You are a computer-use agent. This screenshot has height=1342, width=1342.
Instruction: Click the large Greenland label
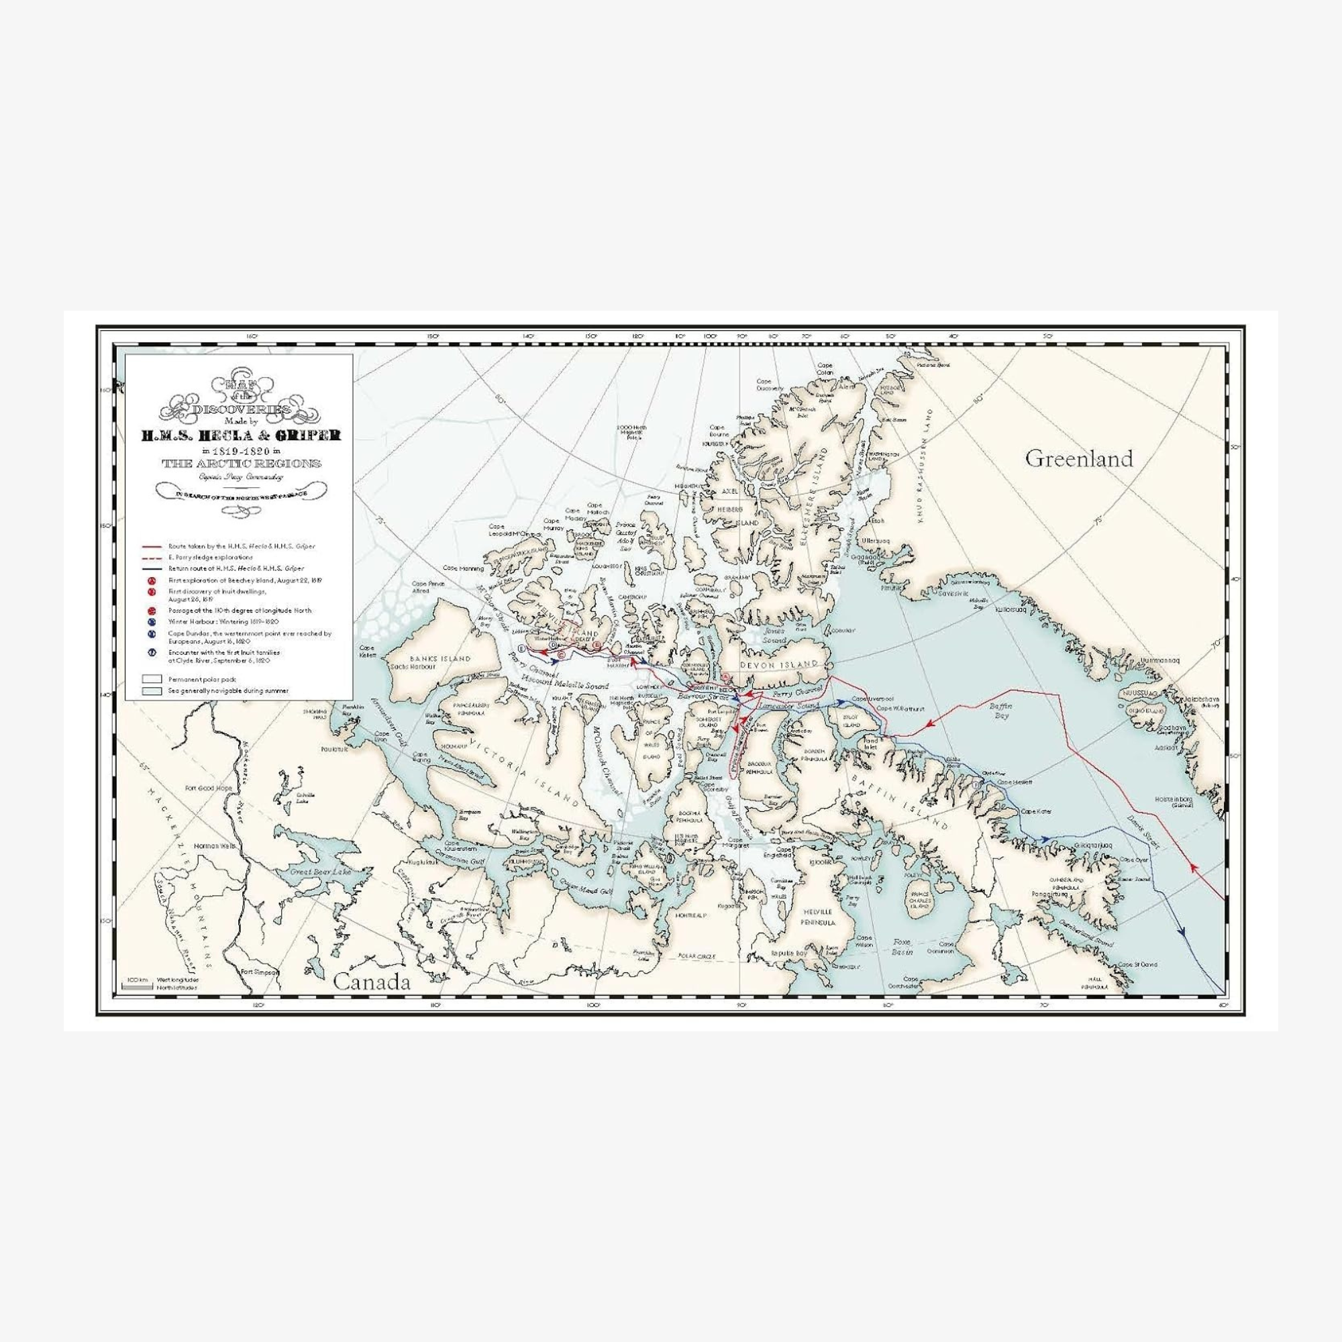1079,458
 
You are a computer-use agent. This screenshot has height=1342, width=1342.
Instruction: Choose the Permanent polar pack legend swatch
152,678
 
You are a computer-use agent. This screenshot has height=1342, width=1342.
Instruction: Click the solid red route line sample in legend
152,547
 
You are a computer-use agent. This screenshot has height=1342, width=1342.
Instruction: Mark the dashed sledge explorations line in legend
152,557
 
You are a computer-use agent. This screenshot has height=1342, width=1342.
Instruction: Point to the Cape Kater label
1035,811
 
